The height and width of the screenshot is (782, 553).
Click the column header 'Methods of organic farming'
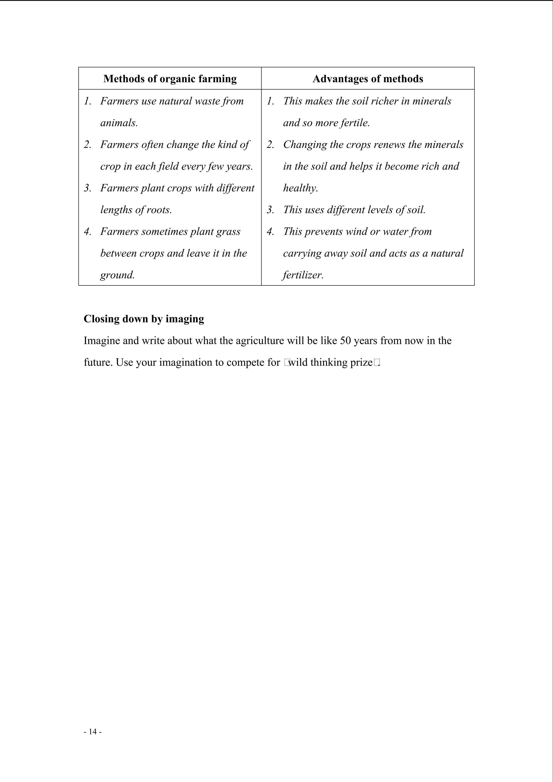point(170,79)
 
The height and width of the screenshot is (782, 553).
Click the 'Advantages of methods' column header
point(368,79)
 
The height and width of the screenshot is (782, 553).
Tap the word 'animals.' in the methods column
point(119,123)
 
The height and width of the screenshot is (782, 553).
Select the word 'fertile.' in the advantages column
point(355,123)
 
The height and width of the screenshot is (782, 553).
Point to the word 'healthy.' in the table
point(300,188)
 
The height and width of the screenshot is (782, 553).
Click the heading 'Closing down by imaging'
point(144,319)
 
